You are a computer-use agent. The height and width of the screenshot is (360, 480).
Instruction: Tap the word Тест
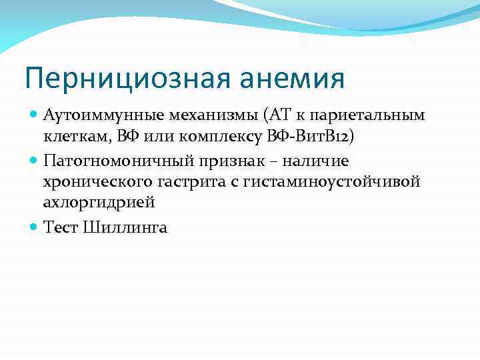tap(61, 227)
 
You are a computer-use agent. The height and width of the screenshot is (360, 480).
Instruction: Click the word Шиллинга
tap(125, 227)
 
